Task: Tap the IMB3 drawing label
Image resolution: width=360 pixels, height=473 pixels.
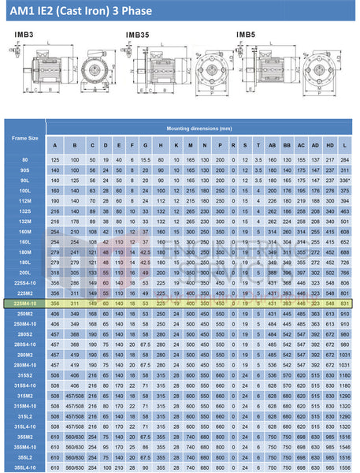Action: [x=23, y=34]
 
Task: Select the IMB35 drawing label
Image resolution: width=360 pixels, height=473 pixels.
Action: [x=138, y=35]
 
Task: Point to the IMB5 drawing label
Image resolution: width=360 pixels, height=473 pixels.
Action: [x=246, y=34]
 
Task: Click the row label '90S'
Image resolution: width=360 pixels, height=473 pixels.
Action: [x=24, y=169]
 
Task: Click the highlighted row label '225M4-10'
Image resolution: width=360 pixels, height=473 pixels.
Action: [x=24, y=303]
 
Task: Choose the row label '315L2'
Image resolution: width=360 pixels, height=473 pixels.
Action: [x=24, y=415]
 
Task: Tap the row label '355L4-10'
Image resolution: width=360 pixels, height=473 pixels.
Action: [x=24, y=466]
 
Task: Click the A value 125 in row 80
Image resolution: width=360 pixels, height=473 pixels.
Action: [x=55, y=160]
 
